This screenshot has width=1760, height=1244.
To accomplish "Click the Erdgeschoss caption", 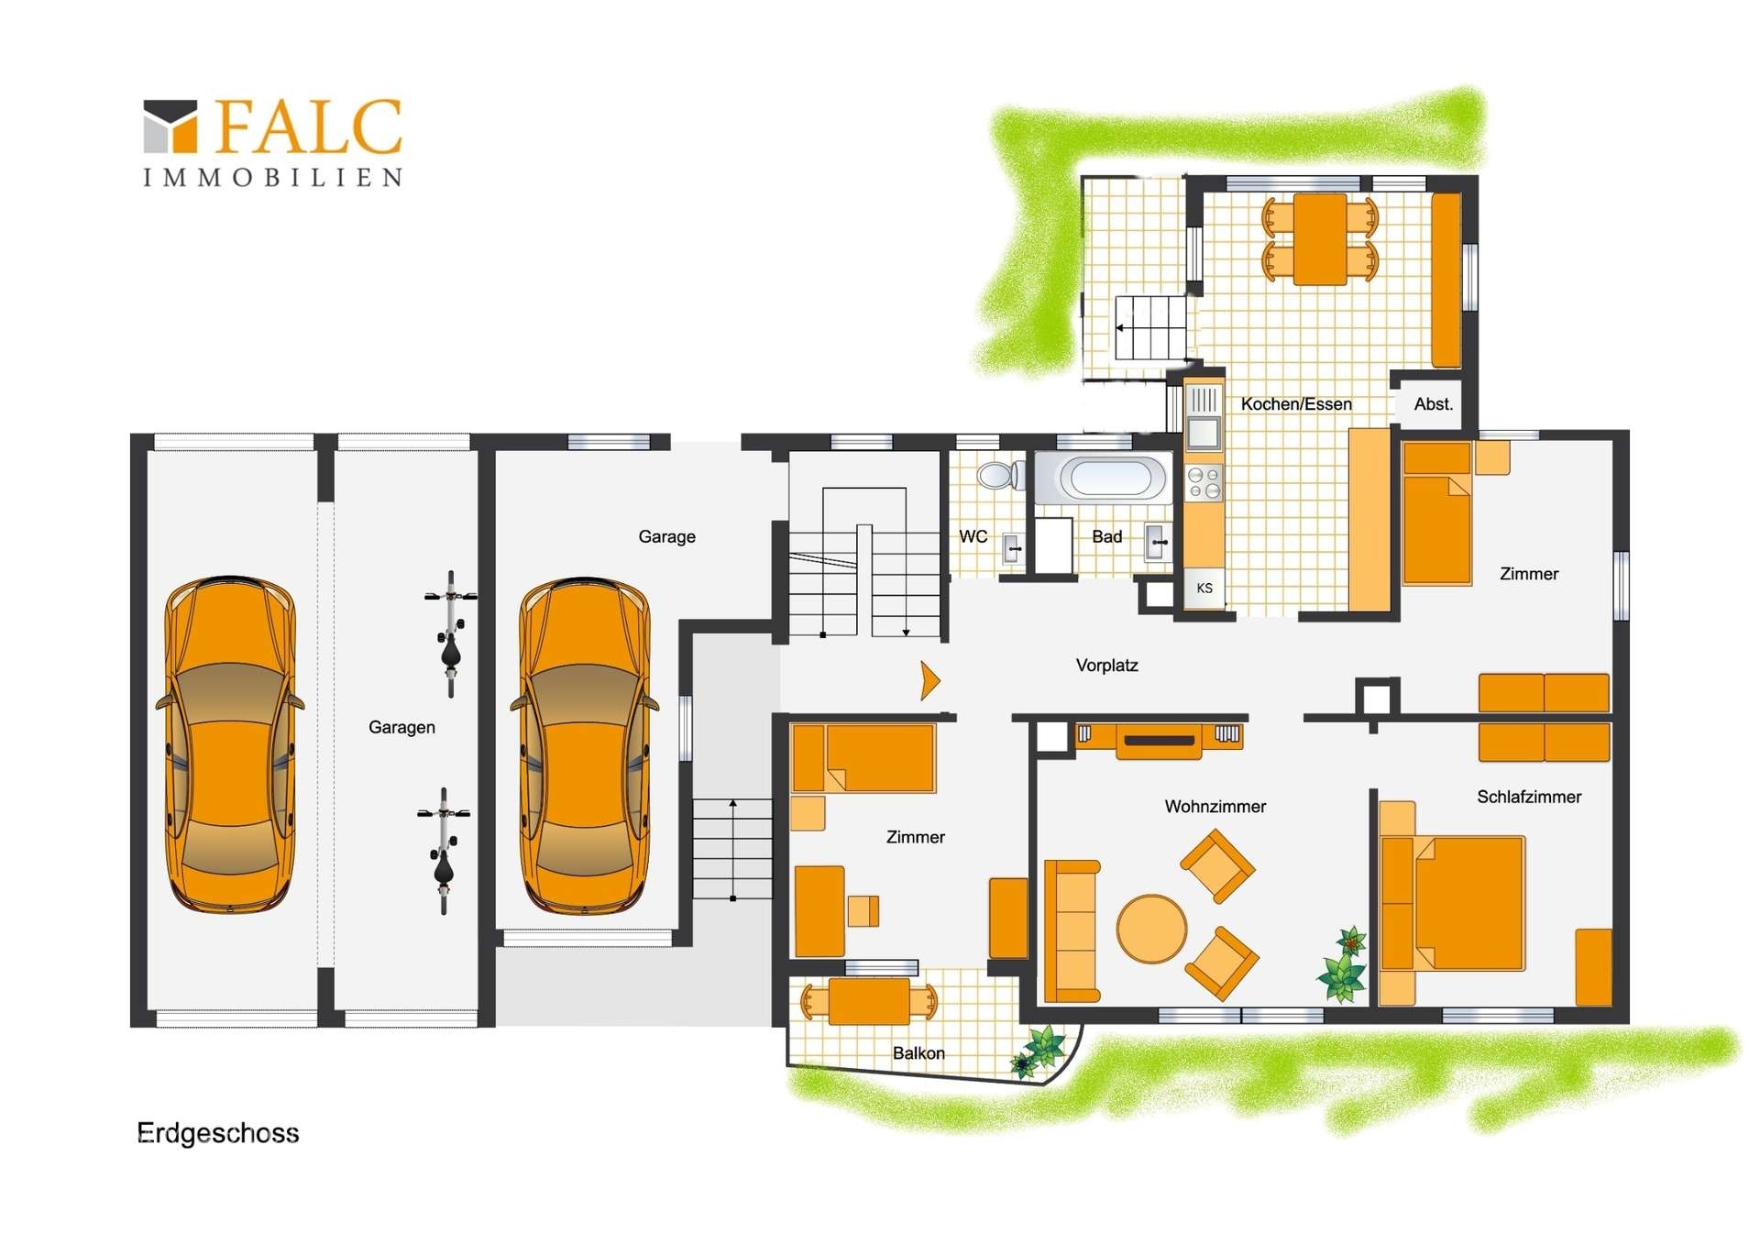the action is tap(218, 1134).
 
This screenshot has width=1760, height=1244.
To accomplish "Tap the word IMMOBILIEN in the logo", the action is tap(272, 177).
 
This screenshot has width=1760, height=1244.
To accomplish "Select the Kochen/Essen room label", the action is tap(1296, 404).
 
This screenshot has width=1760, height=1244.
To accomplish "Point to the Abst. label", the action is tap(1434, 404).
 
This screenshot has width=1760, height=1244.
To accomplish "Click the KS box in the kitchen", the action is tap(1204, 589).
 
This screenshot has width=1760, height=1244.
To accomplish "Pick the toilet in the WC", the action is tap(1000, 475).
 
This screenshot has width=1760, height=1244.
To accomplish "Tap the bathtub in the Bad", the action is tap(1104, 478).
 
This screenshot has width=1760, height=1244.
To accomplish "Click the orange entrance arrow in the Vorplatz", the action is tap(930, 681).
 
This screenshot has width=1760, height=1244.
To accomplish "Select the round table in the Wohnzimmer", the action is tap(1152, 929).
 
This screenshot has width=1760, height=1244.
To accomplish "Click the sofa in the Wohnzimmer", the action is tap(1072, 930).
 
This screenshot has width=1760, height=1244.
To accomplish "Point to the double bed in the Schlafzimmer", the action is tap(1453, 903).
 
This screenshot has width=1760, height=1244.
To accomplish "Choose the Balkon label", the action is tap(918, 1053).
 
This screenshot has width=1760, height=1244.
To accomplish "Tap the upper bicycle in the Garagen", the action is tap(450, 633).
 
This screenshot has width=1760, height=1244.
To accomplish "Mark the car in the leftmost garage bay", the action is tap(230, 744).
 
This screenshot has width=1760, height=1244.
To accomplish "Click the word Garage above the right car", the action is tap(666, 537).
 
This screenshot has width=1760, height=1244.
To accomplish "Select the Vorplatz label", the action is tap(1106, 666).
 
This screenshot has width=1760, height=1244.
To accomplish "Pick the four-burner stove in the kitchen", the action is tap(1204, 483).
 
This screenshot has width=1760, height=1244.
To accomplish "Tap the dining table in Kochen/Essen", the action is tap(1320, 239).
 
